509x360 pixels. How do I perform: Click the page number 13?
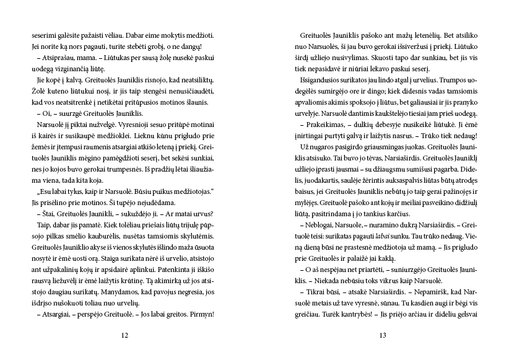point(383,336)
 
